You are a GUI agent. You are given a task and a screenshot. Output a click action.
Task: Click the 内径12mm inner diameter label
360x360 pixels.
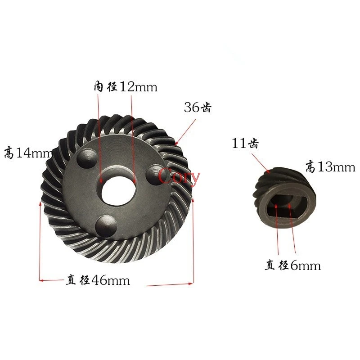pyautogui.click(x=126, y=87)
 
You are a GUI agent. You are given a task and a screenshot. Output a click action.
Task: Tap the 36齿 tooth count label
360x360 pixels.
pyautogui.click(x=198, y=107)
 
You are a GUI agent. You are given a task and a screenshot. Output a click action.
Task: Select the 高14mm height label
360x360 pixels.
pyautogui.click(x=29, y=153)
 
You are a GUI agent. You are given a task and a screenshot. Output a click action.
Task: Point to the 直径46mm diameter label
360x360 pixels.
pyautogui.click(x=98, y=280)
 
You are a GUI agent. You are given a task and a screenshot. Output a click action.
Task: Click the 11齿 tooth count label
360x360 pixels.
pyautogui.click(x=245, y=143)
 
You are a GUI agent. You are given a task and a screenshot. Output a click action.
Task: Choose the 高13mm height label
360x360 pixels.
pyautogui.click(x=330, y=166)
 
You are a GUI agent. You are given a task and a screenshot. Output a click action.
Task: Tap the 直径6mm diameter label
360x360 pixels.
pyautogui.click(x=293, y=265)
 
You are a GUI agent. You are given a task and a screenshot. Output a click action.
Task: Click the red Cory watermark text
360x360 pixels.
pyautogui.click(x=179, y=176)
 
